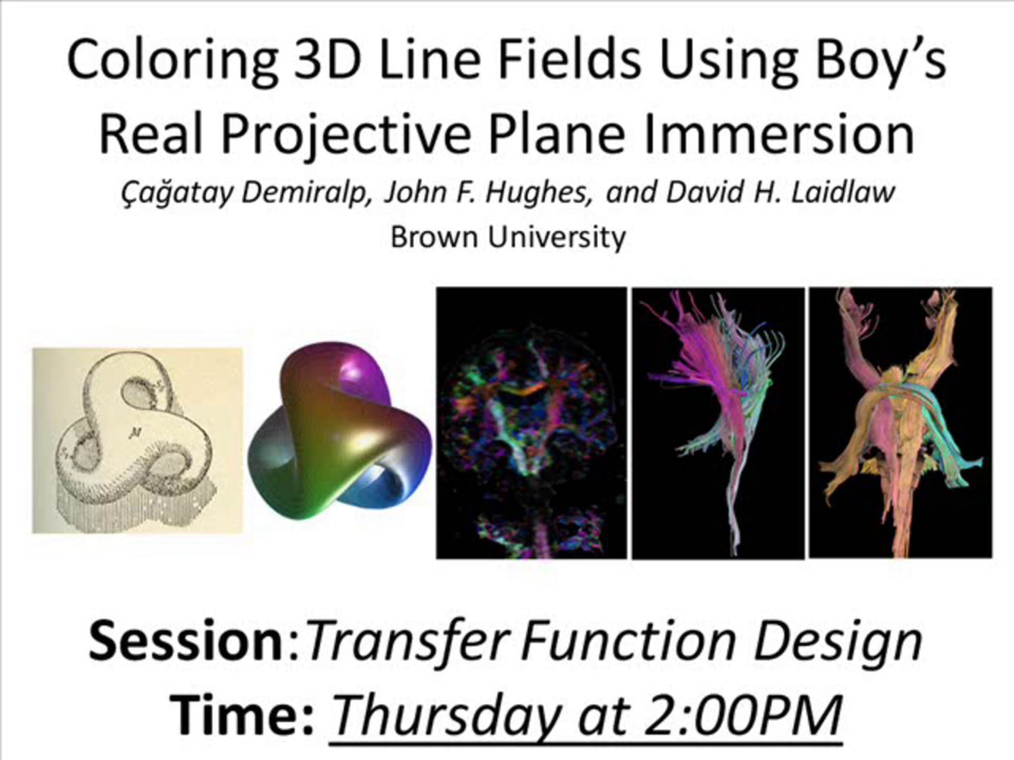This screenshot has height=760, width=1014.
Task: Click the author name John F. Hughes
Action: click(x=489, y=192)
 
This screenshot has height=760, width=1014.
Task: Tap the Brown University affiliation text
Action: click(x=508, y=237)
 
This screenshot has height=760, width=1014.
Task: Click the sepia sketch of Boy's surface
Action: click(x=137, y=441)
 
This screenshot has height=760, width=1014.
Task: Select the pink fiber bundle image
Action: click(x=718, y=423)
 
